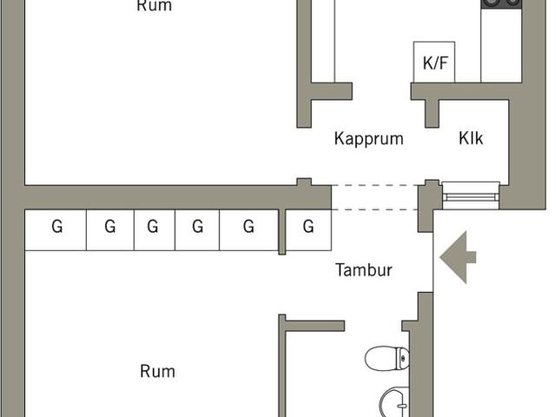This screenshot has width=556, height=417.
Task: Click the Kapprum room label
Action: (368, 139)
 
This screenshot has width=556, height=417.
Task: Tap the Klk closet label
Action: (471, 138)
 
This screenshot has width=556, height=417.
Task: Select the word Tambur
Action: (364, 270)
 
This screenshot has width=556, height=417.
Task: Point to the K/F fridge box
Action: (434, 62)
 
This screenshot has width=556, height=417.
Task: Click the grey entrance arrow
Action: (458, 257)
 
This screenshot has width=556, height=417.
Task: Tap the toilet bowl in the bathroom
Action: (387, 358)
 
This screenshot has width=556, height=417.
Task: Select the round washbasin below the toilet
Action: (394, 402)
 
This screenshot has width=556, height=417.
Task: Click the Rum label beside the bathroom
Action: (157, 372)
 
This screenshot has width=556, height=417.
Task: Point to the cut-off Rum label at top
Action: (155, 6)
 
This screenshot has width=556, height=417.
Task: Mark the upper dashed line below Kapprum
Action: (375, 185)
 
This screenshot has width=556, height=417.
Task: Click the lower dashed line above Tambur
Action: (375, 209)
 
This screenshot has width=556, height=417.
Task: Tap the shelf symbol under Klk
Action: (471, 195)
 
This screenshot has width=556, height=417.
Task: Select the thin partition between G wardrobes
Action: (281, 232)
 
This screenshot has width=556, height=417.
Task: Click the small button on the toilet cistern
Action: (403, 358)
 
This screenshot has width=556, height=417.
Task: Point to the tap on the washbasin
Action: (402, 406)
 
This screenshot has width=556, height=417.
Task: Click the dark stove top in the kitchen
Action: (501, 3)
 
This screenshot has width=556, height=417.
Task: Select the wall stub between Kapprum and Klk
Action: (432, 114)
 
